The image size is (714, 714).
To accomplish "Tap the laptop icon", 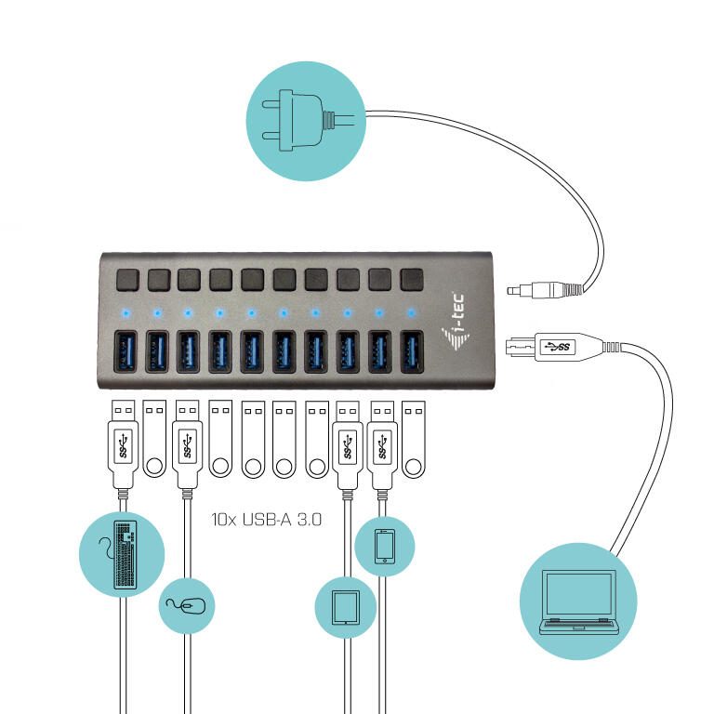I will (578, 602).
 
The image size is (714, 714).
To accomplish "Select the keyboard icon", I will (123, 555).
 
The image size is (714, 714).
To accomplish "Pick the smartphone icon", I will (384, 547).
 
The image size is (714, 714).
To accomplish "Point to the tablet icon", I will (346, 607).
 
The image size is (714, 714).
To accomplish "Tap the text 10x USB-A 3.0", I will (266, 521).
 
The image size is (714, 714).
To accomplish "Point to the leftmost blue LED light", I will (126, 311).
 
